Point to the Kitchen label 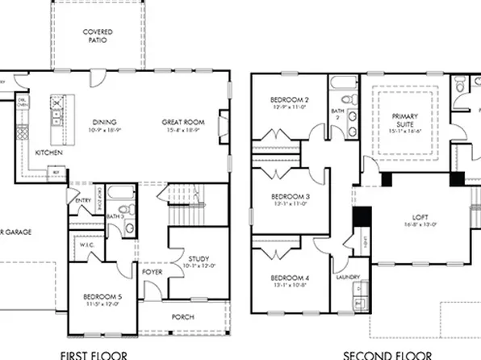click(49, 152)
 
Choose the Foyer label click(153, 272)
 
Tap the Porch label click(183, 316)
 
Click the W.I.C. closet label click(87, 245)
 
